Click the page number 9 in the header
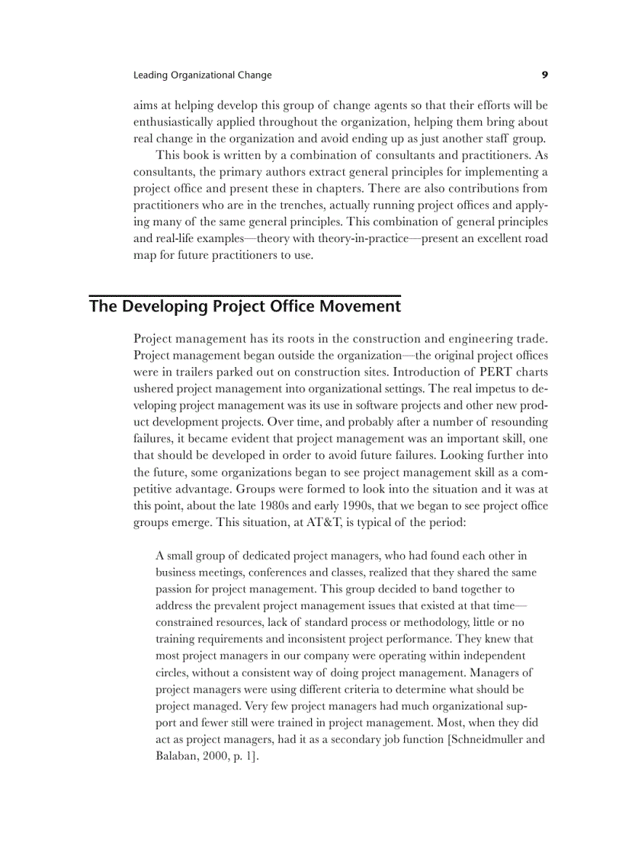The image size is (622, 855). tap(544, 75)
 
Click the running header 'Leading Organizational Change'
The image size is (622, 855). tap(202, 75)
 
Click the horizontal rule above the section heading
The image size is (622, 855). tap(245, 295)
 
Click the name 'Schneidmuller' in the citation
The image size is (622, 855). tap(487, 740)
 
